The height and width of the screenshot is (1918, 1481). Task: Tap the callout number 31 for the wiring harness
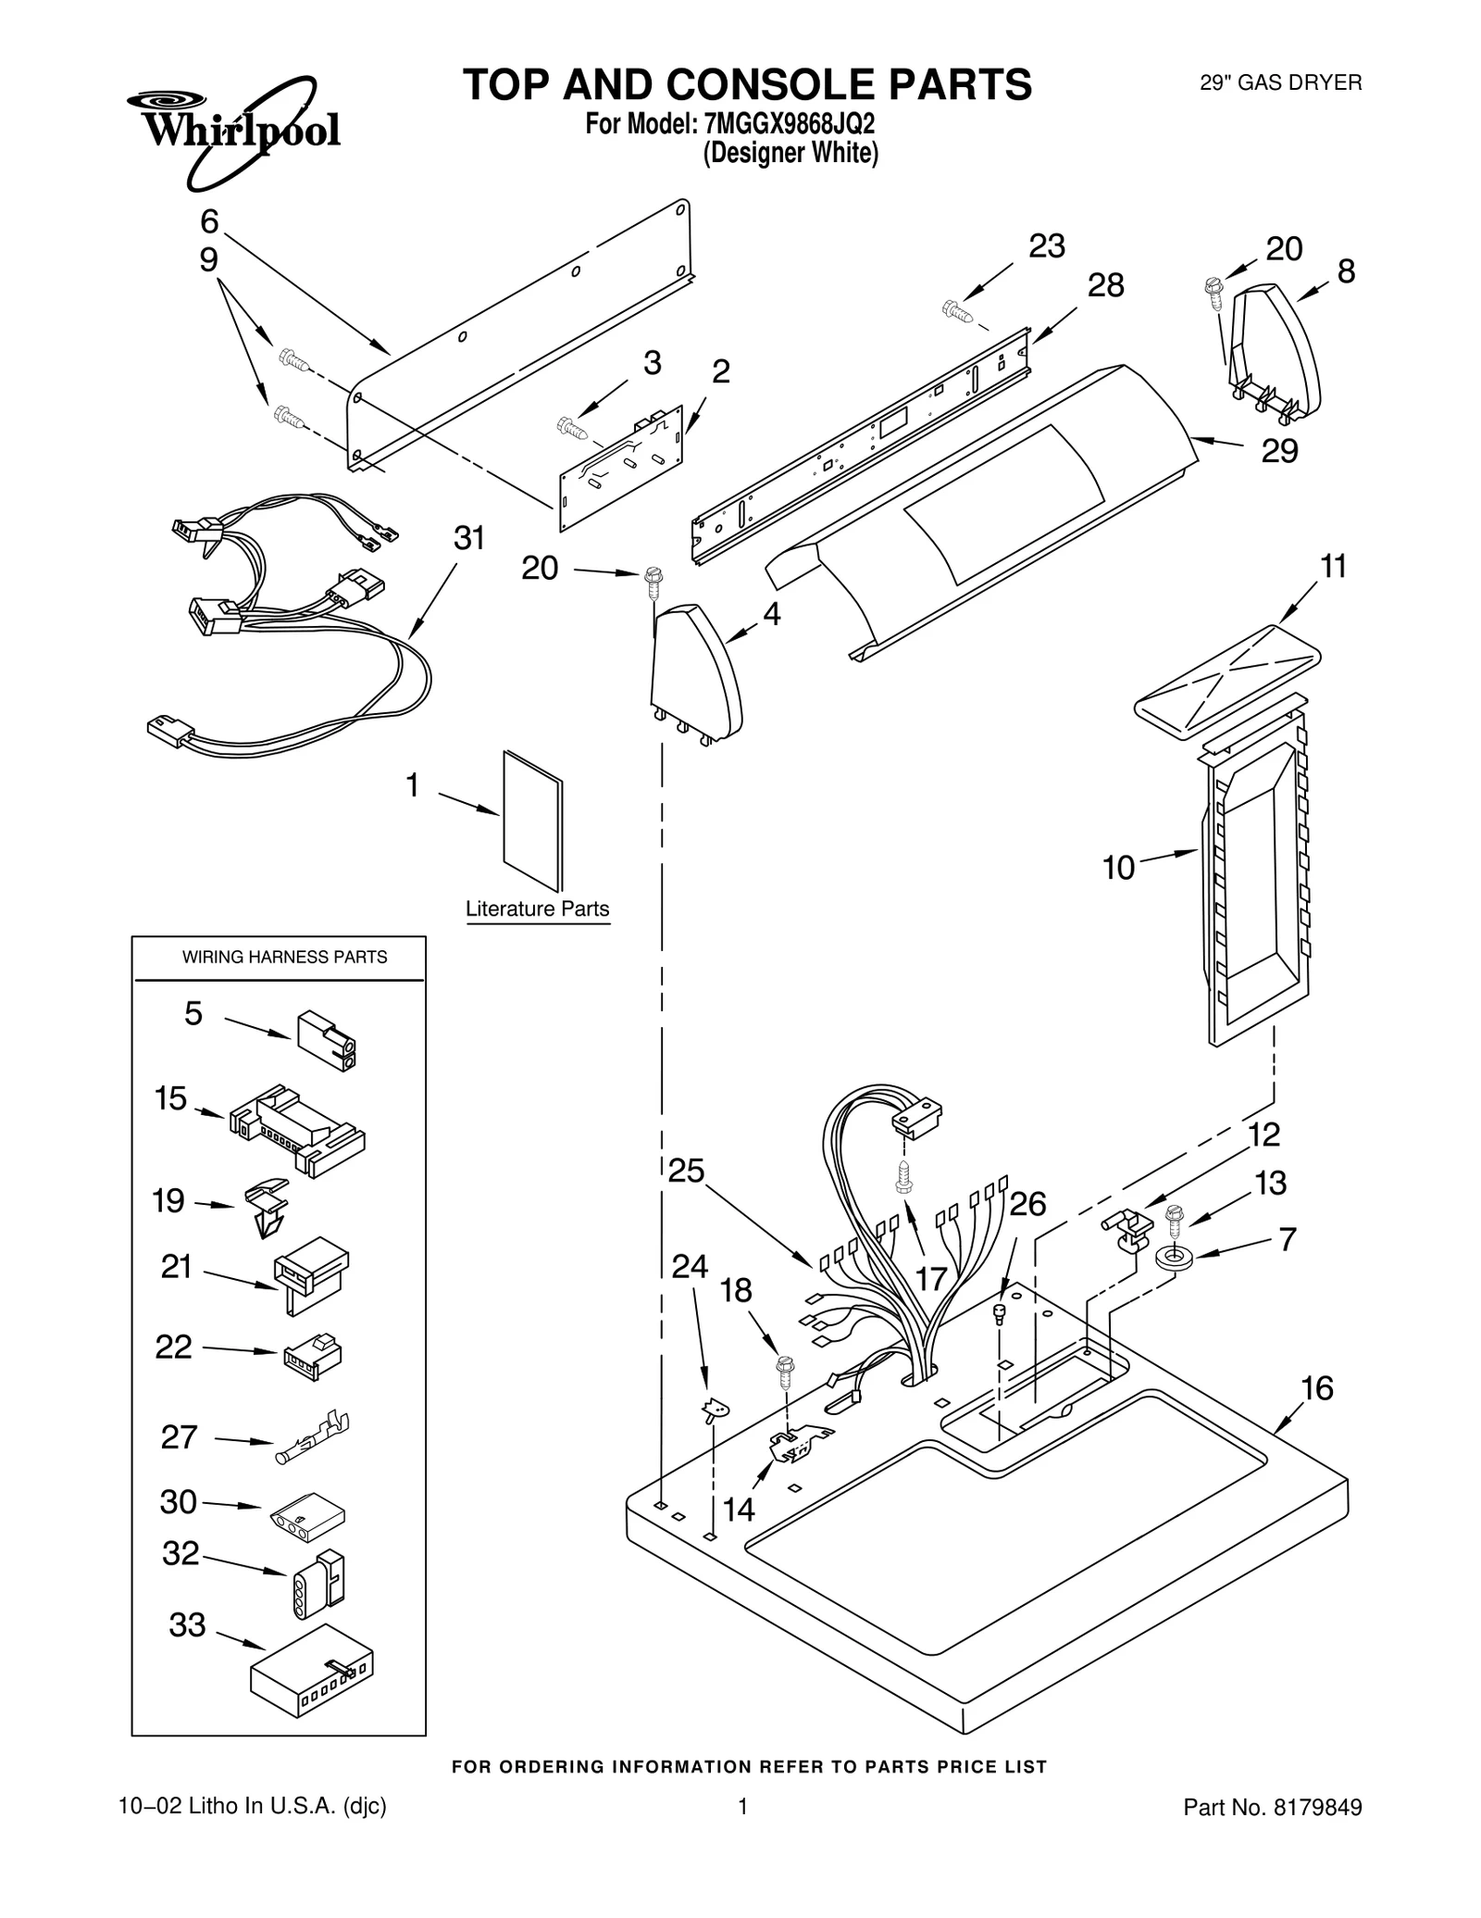coord(469,538)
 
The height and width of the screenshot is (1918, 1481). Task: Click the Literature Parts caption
coord(537,909)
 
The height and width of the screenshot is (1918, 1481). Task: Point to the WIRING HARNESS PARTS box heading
coord(284,957)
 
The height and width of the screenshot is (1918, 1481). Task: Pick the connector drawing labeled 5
coord(327,1040)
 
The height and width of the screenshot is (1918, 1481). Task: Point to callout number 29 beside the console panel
coord(1279,451)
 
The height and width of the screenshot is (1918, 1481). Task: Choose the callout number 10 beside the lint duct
coord(1118,868)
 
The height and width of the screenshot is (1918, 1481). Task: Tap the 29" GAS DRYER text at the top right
coord(1280,83)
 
